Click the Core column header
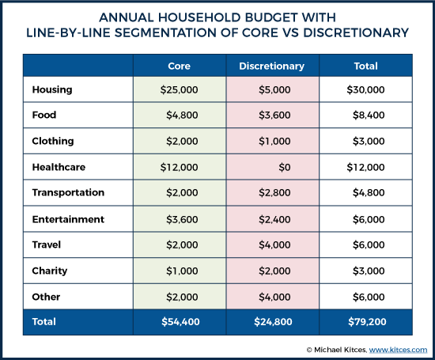180,66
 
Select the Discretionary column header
271,66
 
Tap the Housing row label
52,89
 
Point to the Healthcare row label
59,167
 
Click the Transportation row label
68,192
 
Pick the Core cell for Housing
180,89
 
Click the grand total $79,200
367,322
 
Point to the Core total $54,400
180,322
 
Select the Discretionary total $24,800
274,322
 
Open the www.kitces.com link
398,350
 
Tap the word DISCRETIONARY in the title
356,32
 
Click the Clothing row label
53,141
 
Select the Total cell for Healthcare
365,167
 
